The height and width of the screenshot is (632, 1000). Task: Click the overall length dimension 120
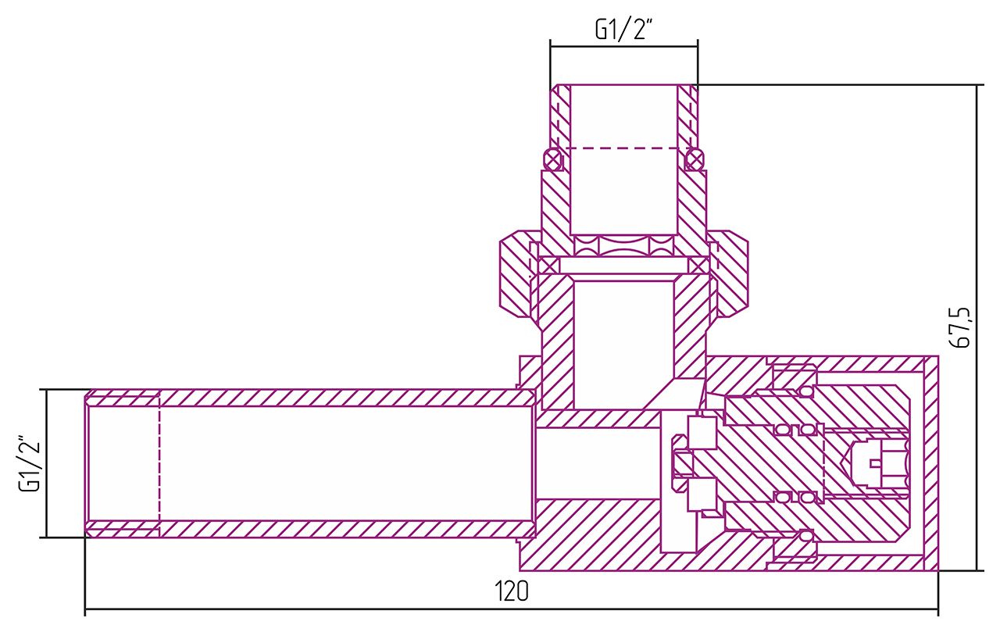511,591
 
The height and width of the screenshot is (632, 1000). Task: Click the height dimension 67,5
962,327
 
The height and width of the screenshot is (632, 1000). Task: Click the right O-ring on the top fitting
693,160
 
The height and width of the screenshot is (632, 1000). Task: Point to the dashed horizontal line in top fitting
623,148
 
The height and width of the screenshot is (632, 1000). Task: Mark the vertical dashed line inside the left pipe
159,463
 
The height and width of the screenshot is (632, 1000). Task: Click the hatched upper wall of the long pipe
312,398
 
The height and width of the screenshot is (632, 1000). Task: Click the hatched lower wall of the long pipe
312,530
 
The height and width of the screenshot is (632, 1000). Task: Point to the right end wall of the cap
930,463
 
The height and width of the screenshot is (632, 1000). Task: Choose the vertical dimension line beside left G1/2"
47,463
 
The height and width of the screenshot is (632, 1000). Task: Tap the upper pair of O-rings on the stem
797,429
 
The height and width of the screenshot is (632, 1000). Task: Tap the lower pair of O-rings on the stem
797,497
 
